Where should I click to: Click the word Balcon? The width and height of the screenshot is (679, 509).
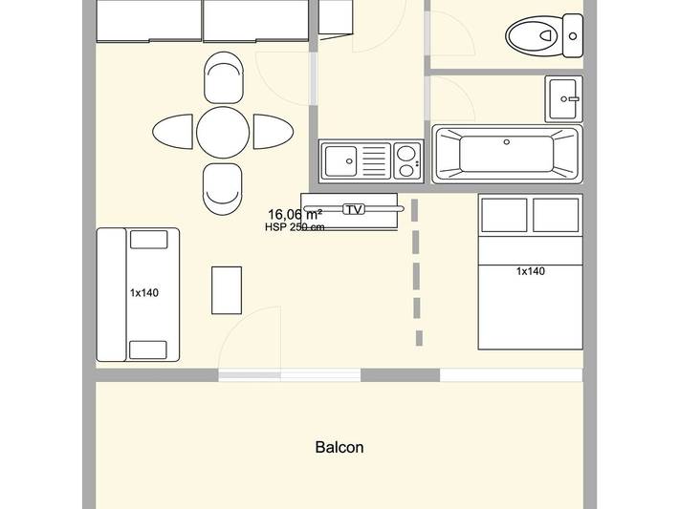coord(339,447)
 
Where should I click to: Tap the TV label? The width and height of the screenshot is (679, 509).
coord(354,209)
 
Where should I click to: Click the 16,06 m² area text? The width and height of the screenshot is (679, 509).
coord(295,215)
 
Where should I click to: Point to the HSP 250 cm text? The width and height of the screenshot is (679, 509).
coord(295,227)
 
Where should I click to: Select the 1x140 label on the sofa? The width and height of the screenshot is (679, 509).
coord(143,293)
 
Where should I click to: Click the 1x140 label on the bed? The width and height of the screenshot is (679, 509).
coord(530,271)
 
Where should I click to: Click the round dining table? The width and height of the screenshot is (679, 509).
coord(223,132)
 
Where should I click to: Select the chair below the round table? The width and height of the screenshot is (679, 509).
coord(223,188)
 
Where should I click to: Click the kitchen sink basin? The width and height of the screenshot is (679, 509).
coord(340,159)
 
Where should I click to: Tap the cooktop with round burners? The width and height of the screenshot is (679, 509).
coord(406,160)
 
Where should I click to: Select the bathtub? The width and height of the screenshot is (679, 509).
coord(506,153)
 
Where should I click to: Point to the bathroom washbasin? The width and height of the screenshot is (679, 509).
coord(564,97)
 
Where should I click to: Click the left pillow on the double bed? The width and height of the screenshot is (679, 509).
coord(504,215)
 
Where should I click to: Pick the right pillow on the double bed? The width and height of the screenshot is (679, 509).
coord(556,215)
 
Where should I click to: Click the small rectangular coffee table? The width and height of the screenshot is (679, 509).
coord(227,290)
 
